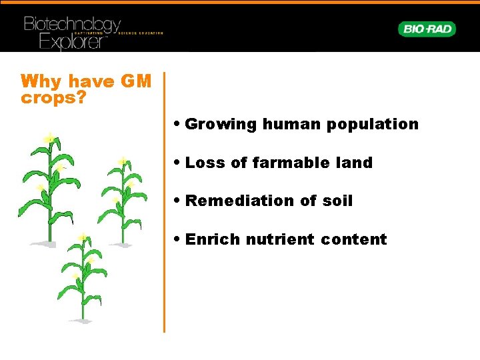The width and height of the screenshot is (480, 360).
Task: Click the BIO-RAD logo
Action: [x=427, y=29]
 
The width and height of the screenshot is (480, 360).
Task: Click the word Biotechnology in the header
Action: [x=72, y=24]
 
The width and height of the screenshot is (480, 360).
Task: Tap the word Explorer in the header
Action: [x=72, y=41]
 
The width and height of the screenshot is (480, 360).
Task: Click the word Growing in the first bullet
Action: [x=221, y=124]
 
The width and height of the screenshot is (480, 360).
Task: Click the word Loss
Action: [x=203, y=163]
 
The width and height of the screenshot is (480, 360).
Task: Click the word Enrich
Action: [x=212, y=239]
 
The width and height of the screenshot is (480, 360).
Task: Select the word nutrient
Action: [x=279, y=239]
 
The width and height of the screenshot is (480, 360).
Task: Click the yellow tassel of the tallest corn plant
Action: [x=49, y=137]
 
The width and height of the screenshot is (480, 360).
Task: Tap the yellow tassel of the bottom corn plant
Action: [x=83, y=237]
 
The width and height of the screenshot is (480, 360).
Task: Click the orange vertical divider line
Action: [x=164, y=200]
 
